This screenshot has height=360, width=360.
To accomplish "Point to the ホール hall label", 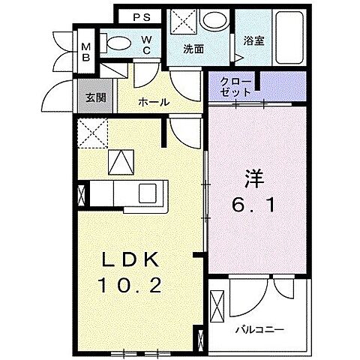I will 153,102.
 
